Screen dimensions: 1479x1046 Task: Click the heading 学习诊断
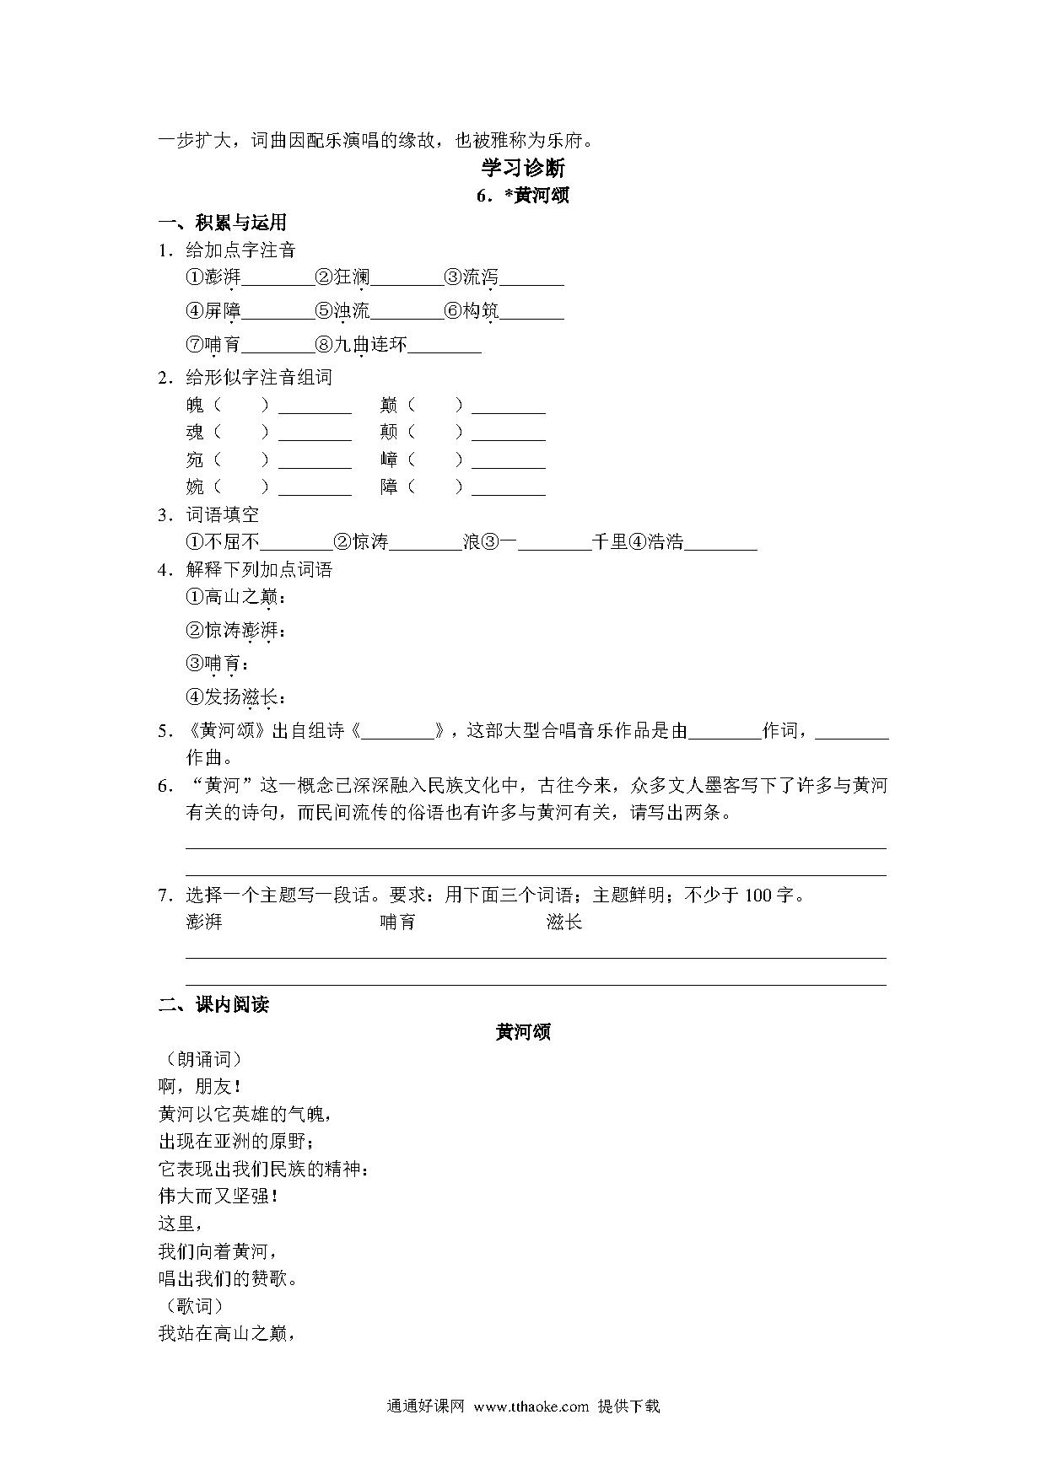click(x=523, y=167)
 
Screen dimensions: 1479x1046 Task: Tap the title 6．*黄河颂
click(x=523, y=196)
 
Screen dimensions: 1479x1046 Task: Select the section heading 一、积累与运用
click(x=223, y=223)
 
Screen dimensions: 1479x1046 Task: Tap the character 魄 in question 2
click(x=195, y=405)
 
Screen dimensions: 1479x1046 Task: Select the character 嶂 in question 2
click(x=389, y=460)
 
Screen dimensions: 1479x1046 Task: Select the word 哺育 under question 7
click(x=398, y=922)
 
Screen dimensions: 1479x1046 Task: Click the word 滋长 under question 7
click(x=563, y=922)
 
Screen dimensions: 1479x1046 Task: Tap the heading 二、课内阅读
click(x=213, y=1004)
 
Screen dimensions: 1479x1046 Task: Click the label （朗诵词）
click(x=200, y=1059)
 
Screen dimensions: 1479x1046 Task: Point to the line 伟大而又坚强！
click(x=218, y=1196)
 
